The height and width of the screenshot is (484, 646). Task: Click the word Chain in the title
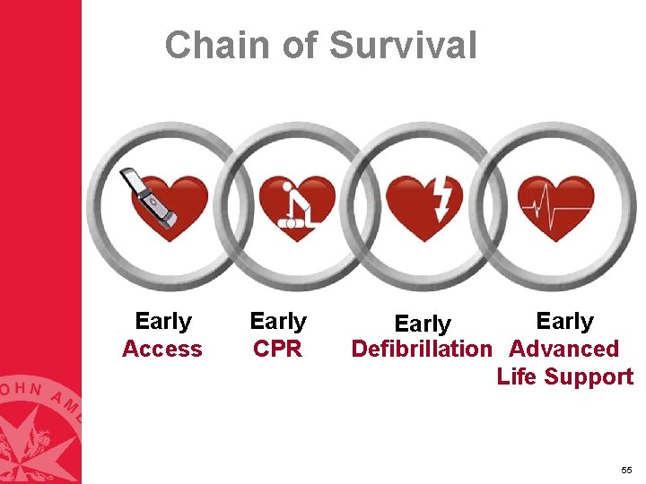[x=214, y=45]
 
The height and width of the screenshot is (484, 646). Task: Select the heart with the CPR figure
[x=296, y=208]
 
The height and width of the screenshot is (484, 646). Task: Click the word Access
[x=162, y=349]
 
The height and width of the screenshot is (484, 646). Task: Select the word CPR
[x=278, y=349]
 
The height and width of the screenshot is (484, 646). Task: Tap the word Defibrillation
[x=423, y=349]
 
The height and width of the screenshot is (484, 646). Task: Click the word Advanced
[x=563, y=349]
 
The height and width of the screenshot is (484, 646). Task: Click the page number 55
[x=625, y=471]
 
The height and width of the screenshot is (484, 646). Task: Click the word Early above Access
[x=163, y=321]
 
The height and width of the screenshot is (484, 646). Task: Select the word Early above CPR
[x=278, y=321]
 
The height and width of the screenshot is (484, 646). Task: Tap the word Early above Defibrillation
[x=423, y=324]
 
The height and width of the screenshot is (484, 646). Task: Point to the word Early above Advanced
[x=564, y=321]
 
